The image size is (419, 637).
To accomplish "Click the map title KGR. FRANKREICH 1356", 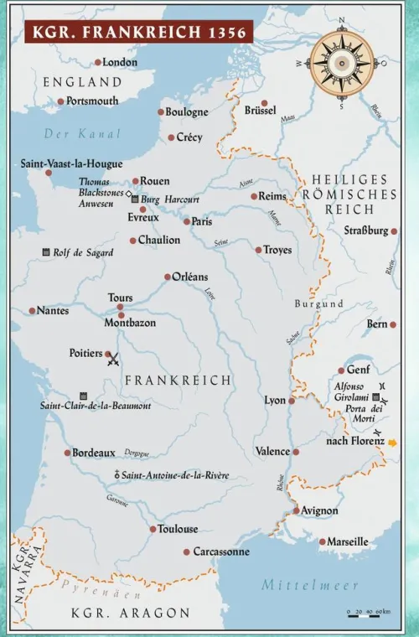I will click(x=139, y=33).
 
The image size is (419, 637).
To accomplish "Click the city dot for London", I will click(x=98, y=62).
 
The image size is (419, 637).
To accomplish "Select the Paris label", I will click(x=202, y=222).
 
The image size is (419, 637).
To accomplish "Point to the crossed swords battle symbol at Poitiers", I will click(x=114, y=360).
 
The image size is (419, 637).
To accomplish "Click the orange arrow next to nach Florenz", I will click(x=392, y=442).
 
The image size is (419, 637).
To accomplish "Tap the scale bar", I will click(x=368, y=613).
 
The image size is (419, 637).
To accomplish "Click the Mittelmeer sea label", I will click(x=310, y=585).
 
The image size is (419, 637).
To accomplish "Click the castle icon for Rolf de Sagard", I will click(x=46, y=252).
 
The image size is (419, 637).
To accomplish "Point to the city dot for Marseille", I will click(x=322, y=541).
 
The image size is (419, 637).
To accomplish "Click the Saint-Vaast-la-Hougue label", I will click(x=71, y=164).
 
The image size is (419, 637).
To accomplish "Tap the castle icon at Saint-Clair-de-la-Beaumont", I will click(x=84, y=395).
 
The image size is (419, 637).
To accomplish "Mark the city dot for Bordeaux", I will click(x=68, y=453).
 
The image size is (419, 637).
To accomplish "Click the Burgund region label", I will click(x=318, y=303).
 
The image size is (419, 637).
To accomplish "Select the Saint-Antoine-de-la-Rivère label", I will click(x=175, y=475).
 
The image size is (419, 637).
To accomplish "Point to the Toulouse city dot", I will click(x=153, y=529).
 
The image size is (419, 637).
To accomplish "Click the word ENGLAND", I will click(x=82, y=82).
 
